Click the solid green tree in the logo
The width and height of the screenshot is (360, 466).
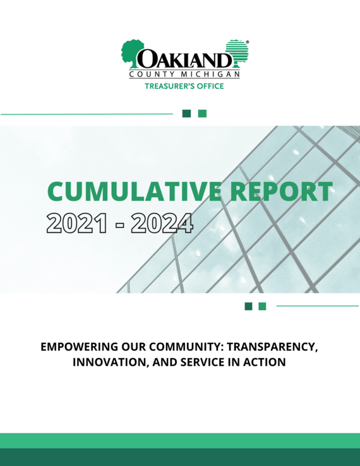click(x=132, y=53)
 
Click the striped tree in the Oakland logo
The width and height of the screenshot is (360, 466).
click(x=237, y=53)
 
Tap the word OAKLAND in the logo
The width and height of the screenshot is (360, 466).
click(x=184, y=60)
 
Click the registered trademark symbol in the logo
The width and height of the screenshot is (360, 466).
click(x=247, y=42)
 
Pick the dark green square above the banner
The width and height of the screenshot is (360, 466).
click(x=186, y=114)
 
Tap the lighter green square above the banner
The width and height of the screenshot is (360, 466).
click(x=202, y=114)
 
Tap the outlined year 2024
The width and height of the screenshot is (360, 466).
click(x=161, y=223)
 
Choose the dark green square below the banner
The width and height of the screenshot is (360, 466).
click(x=248, y=306)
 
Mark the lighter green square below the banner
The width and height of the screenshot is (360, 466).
click(x=262, y=306)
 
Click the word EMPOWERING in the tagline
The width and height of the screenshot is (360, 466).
click(x=78, y=348)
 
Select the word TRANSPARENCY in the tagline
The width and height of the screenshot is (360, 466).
click(x=273, y=348)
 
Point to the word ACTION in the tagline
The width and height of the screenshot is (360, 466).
click(x=265, y=363)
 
